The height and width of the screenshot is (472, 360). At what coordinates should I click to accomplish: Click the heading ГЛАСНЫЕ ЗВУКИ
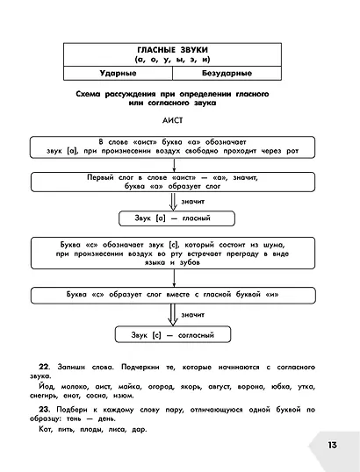pos(172,50)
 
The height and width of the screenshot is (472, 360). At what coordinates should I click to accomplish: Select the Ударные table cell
pos(118,73)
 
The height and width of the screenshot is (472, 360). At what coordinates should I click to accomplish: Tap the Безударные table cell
pos(227,73)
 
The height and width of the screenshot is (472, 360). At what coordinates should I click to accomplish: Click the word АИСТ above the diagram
pos(172,120)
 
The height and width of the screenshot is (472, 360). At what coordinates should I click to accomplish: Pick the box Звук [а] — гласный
pos(176,218)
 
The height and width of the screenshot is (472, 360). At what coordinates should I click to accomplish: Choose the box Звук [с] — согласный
pos(173,335)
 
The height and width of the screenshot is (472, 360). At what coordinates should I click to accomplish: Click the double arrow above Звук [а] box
pos(173,202)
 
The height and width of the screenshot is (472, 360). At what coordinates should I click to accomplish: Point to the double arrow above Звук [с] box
pos(173,315)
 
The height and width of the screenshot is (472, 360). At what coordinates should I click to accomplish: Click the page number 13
pos(332,445)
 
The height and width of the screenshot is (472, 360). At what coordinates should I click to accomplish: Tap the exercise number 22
pos(44,367)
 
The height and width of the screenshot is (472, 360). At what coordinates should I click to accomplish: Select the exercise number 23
pos(44,410)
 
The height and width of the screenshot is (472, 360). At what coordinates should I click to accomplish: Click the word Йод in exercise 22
pos(47,387)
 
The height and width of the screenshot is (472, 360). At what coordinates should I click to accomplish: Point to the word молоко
pos(75,387)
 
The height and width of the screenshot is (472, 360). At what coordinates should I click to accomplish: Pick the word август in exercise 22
pos(220,387)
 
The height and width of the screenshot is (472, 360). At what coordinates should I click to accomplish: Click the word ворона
pos(251,387)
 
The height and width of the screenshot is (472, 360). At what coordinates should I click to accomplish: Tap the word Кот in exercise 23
pos(46,429)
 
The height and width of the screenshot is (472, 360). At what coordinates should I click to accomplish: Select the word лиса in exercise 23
pos(116,429)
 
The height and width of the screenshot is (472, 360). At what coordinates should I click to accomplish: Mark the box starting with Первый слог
pos(173,182)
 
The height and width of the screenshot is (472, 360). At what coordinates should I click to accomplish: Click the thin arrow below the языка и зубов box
pos(174,278)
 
